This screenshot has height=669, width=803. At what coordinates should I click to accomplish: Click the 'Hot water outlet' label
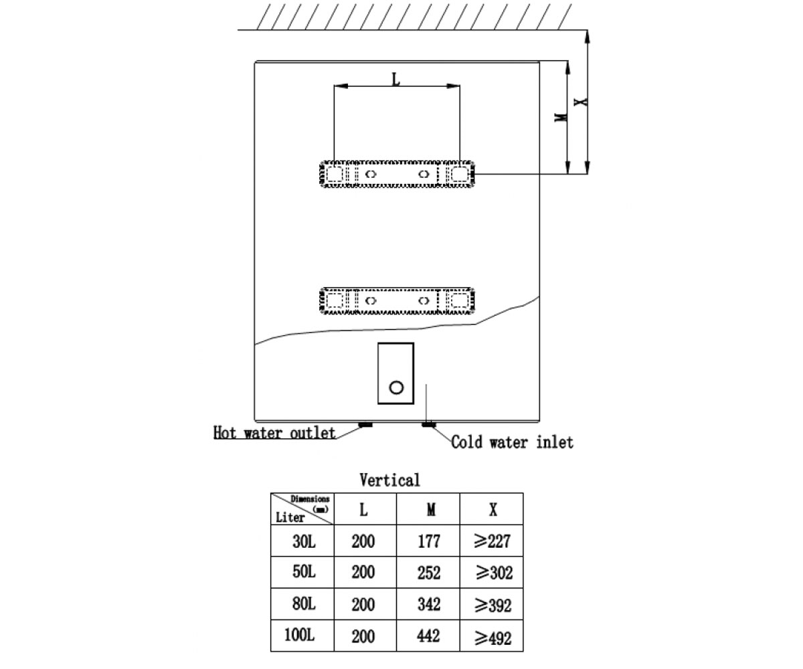point(274,433)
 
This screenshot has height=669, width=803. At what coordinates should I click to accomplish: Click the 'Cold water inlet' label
point(513,442)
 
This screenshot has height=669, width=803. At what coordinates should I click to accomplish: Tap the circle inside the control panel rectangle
point(396,387)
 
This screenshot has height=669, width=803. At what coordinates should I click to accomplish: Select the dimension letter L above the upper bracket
point(395,80)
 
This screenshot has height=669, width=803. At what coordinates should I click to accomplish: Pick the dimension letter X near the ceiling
point(581,102)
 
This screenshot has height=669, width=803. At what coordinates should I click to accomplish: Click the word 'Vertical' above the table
point(389,480)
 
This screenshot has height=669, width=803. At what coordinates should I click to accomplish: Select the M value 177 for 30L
point(429,541)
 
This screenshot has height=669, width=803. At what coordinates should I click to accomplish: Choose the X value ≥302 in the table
point(495,573)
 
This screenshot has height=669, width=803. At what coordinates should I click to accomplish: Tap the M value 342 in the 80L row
point(429,604)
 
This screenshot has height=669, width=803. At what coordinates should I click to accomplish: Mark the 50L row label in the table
point(304,572)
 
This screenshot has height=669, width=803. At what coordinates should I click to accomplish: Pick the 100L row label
point(300,635)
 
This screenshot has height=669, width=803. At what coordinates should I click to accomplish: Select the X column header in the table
point(493,510)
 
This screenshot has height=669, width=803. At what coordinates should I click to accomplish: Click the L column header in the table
point(363,510)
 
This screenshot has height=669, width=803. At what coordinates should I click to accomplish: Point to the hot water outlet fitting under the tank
point(365,424)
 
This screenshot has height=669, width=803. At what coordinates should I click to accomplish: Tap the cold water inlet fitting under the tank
point(429,424)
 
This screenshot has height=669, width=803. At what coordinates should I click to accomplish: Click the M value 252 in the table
point(429,573)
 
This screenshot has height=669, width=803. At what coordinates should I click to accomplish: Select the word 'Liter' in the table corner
point(290,518)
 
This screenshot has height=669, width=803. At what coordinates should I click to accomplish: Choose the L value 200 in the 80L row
point(363,604)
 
